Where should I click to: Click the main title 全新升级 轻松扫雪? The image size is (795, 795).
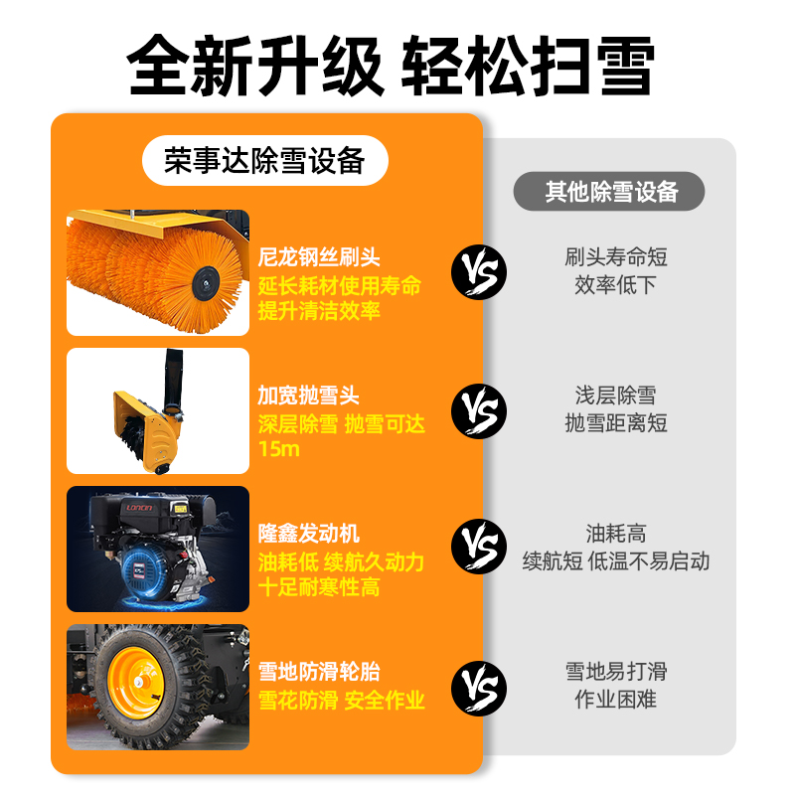pos(391,66)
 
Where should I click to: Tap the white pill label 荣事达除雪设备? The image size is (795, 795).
pos(265,160)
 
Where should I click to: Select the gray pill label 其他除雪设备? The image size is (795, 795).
pos(609,191)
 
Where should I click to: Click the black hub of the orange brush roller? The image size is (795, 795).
pos(206,283)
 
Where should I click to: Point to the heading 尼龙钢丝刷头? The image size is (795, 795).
pos(319,256)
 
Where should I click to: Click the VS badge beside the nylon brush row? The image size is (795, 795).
pos(479,272)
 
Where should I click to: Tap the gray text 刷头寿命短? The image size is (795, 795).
pos(615,257)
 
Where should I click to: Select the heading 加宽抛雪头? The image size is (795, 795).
pos(308,395)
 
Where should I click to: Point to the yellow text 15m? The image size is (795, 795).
pos(279,449)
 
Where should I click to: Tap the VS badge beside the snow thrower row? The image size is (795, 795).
pos(479,411)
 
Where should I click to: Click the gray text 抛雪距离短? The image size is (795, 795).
pos(615,423)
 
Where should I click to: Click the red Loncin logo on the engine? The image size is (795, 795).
pos(139,508)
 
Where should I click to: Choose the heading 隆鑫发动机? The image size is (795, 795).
pos(308,534)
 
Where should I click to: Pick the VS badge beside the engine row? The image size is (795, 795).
pos(479,547)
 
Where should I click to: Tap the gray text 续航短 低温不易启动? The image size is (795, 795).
pos(615,561)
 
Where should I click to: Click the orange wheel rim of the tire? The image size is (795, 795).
pos(136,683)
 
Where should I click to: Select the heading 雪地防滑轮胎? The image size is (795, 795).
pos(319,672)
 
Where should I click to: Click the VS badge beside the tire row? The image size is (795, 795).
pos(479,689)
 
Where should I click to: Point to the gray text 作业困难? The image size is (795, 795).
pos(615,700)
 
